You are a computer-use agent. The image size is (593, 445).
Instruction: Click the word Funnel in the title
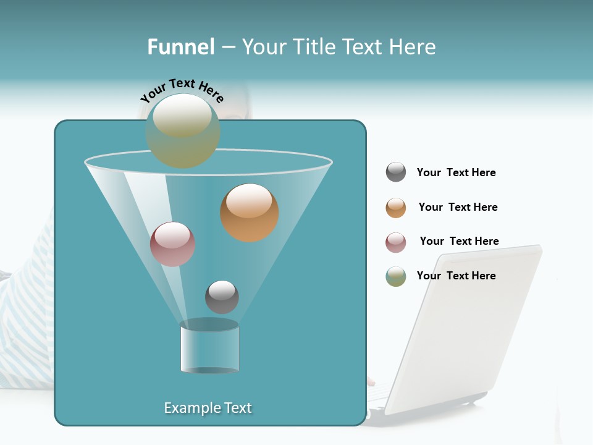[x=181, y=47]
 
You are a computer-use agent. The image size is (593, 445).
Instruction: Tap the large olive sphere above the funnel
[x=183, y=131]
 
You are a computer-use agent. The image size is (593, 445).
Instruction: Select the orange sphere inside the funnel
[x=249, y=213]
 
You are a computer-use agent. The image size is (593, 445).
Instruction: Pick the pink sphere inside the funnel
[x=172, y=244]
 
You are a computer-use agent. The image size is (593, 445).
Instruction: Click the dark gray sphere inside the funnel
[x=222, y=297]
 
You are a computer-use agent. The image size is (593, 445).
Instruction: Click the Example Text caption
[x=208, y=408]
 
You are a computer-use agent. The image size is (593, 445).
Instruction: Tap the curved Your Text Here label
[x=182, y=90]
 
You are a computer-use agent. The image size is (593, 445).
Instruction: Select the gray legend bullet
[x=396, y=172]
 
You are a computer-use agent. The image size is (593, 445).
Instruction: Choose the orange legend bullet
[x=396, y=208]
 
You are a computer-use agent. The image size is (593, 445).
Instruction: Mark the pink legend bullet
[x=396, y=242]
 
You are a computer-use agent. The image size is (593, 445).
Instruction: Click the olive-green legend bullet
[x=396, y=276]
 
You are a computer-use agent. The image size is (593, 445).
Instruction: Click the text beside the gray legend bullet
[x=456, y=173]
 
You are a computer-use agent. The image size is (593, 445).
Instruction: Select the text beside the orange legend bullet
[x=458, y=208]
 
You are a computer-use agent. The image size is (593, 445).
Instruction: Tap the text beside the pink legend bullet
[x=459, y=242]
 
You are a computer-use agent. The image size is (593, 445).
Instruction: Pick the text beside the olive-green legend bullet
[x=456, y=276]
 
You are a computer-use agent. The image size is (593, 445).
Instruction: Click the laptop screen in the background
[x=469, y=321]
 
